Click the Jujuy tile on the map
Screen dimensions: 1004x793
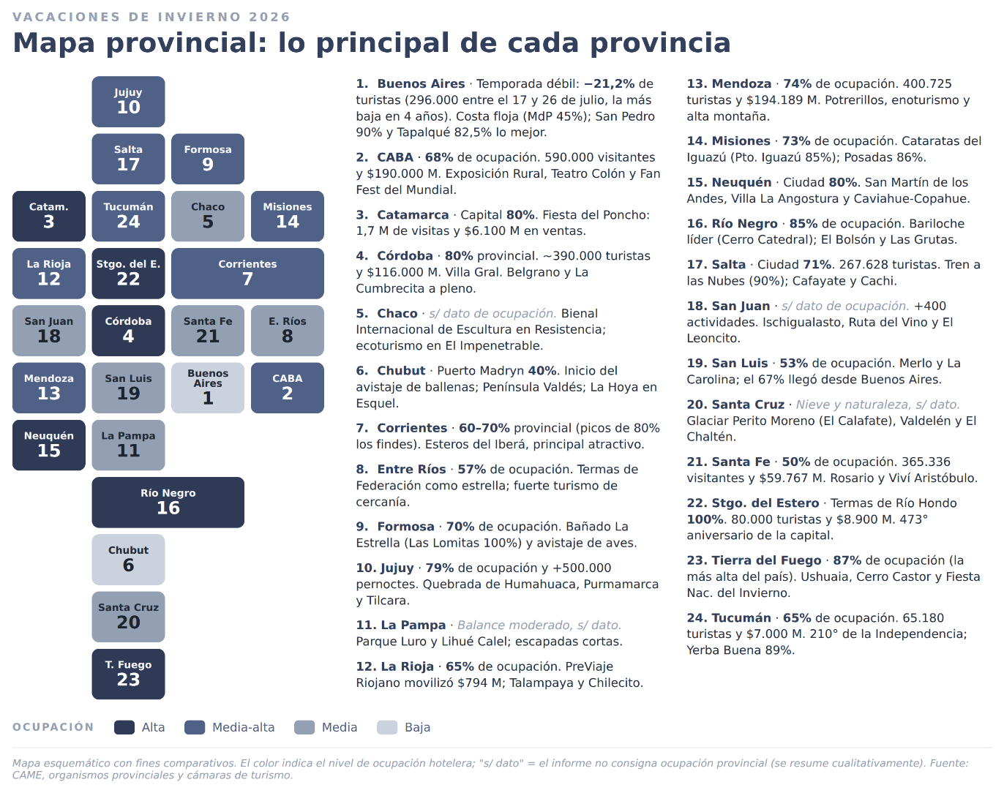tap(128, 102)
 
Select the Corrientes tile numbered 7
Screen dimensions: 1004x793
tap(248, 274)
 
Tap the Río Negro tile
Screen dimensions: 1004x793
tap(168, 503)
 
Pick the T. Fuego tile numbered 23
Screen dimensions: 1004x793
tap(128, 674)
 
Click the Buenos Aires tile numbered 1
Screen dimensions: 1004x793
tap(208, 388)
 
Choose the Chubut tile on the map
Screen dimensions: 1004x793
tap(128, 560)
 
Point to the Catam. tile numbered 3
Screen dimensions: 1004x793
tap(49, 216)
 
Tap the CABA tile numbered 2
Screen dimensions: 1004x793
tap(288, 388)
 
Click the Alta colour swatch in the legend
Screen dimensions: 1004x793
tap(124, 727)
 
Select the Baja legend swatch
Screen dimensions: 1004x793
tap(387, 727)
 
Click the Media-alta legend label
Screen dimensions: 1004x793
tap(243, 727)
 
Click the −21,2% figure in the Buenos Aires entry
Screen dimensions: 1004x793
tap(609, 84)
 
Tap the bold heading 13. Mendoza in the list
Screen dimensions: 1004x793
tap(729, 84)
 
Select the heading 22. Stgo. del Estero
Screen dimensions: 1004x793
tap(752, 503)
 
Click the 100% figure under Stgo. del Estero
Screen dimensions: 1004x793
tap(705, 519)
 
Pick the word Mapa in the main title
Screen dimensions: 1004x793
tap(53, 43)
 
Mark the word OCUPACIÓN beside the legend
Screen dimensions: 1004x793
tap(53, 727)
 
